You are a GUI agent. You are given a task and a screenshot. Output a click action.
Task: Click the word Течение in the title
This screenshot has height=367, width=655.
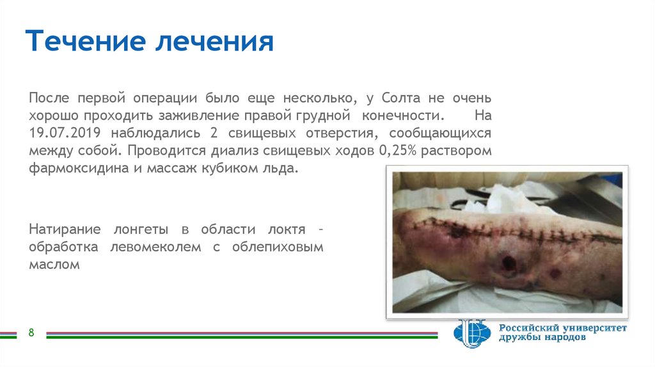[84, 42]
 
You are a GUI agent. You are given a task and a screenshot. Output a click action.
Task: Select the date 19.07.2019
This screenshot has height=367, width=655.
[66, 134]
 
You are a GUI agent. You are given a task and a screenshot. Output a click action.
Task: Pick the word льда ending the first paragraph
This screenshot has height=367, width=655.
[281, 170]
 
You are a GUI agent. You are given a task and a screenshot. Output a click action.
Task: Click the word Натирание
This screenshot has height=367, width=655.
[64, 229]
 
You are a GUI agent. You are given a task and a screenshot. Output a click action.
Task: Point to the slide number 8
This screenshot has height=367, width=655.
[30, 333]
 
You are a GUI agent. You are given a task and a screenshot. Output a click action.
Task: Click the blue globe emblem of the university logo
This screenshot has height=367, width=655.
[473, 333]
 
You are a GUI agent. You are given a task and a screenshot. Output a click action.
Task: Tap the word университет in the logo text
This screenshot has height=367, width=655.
[593, 328]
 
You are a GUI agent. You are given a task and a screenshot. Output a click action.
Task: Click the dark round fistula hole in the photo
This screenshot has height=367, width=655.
[509, 262]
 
